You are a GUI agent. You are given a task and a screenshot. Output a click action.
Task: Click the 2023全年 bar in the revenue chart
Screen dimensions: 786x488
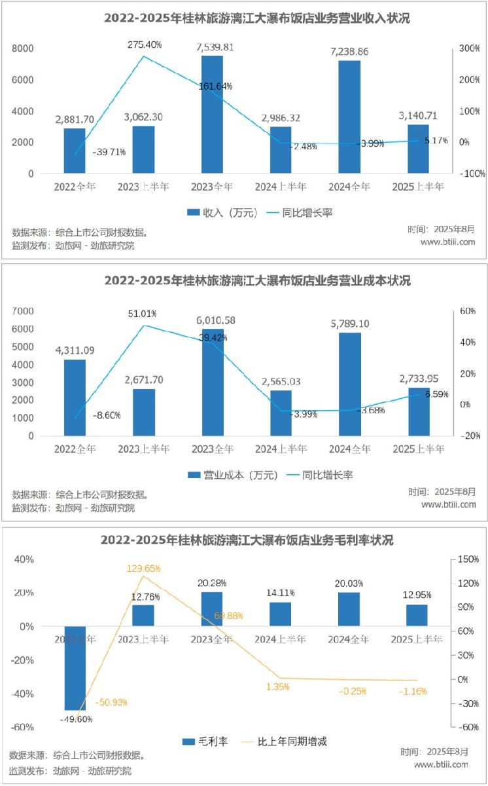(212, 115)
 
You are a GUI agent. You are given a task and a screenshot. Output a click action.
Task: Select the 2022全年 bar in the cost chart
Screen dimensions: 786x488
(75, 398)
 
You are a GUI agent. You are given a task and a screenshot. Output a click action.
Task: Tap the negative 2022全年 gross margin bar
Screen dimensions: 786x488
(75, 668)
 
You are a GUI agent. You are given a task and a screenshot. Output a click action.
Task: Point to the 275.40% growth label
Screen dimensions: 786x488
(145, 45)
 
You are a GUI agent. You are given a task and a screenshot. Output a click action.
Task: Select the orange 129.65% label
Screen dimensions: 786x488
(143, 568)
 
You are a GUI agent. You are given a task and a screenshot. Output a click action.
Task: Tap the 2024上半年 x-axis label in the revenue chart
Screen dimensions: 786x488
(281, 187)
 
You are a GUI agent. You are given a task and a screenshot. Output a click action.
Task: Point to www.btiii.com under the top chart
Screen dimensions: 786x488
(447, 242)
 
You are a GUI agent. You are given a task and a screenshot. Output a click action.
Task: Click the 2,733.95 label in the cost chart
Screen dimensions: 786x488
(418, 378)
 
